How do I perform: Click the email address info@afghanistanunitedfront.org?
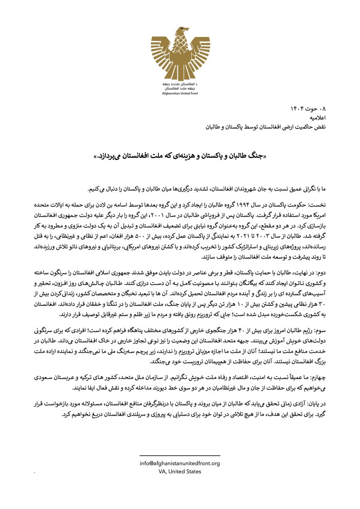click(x=180, y=464)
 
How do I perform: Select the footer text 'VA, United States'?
click(x=180, y=471)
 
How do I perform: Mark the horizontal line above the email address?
click(x=180, y=456)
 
